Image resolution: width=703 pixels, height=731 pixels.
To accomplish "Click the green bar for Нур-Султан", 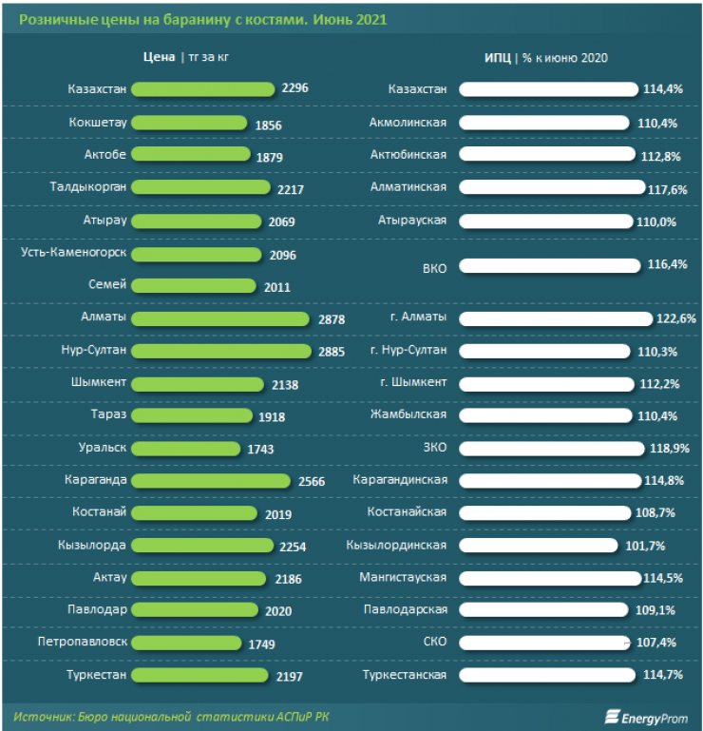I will [x=220, y=351].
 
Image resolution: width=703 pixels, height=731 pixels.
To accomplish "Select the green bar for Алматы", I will [x=219, y=318].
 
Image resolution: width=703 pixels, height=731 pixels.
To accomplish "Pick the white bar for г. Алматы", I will [x=555, y=318].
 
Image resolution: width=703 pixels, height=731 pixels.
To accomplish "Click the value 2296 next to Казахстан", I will [x=295, y=88].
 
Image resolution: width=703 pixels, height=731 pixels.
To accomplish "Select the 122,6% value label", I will [x=675, y=318].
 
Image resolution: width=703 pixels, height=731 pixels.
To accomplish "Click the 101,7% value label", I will [x=645, y=546].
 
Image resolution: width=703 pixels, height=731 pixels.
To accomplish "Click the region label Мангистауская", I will [x=403, y=577].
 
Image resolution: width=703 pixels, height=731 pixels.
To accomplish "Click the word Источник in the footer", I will [x=43, y=715].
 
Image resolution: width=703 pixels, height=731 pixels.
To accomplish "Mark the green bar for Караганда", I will [x=210, y=480].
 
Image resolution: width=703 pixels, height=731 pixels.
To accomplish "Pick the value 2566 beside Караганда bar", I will [x=311, y=481].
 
